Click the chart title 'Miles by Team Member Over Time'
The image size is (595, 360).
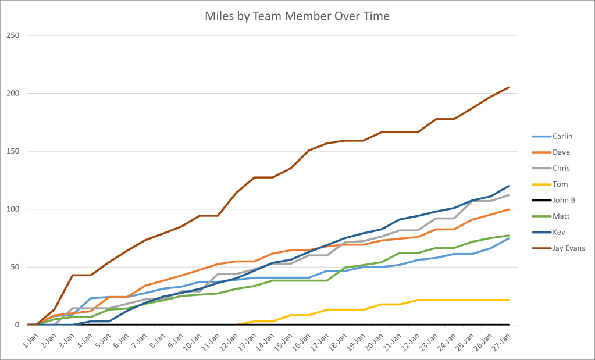point(297,16)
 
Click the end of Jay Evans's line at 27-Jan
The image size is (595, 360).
point(509,87)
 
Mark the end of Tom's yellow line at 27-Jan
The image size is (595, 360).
point(509,300)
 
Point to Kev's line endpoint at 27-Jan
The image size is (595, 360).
point(509,186)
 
